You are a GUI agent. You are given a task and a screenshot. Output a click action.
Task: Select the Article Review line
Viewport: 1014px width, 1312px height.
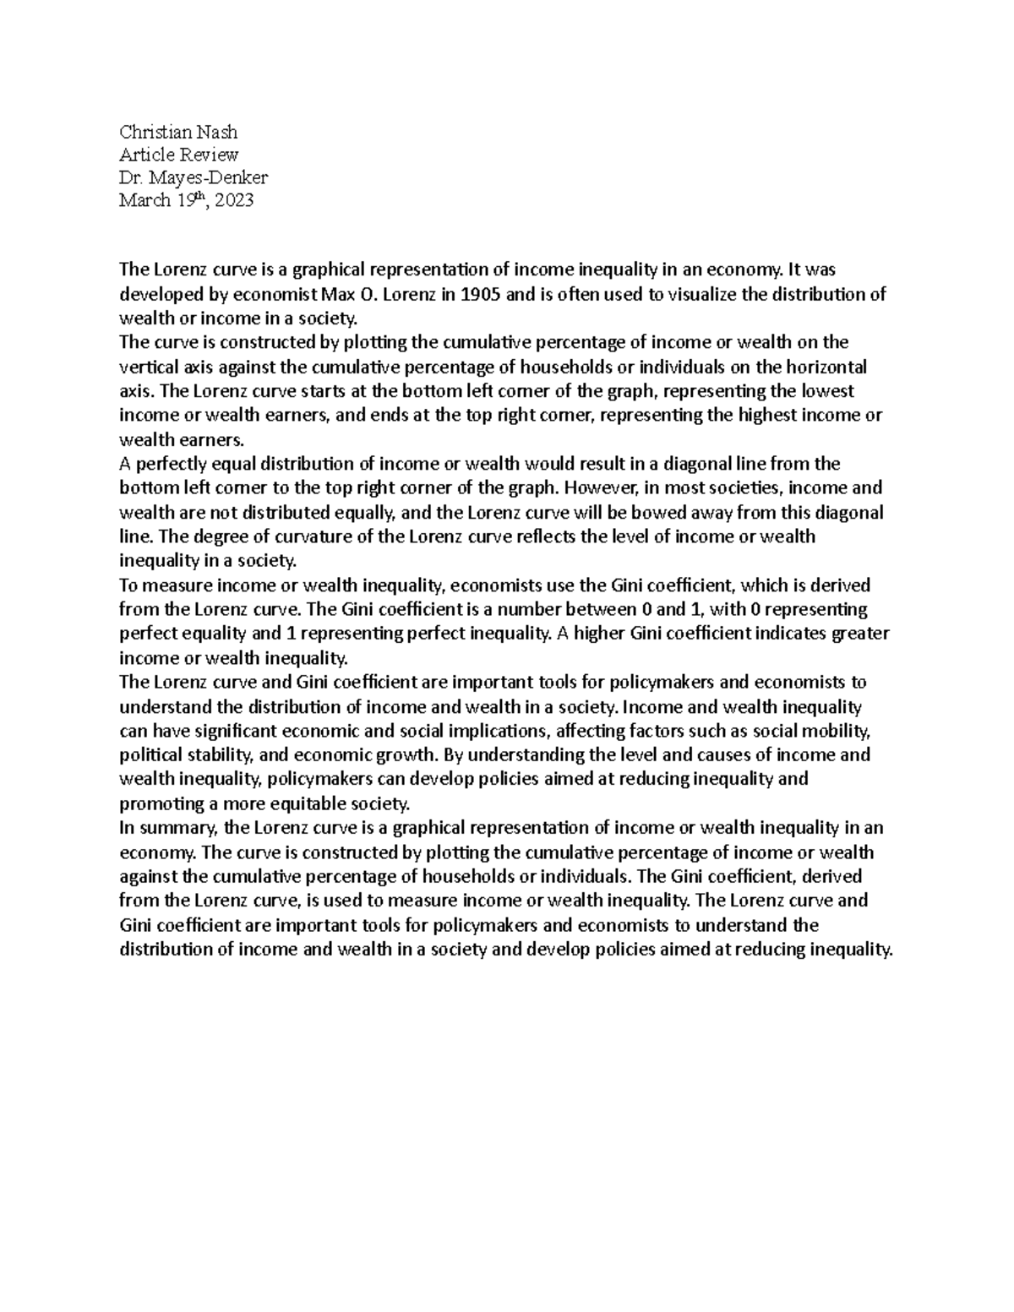(x=178, y=155)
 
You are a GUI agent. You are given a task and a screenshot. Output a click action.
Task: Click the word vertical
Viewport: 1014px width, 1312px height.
(x=148, y=367)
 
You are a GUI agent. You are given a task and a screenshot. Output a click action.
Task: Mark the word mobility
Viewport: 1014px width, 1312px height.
(x=853, y=730)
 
